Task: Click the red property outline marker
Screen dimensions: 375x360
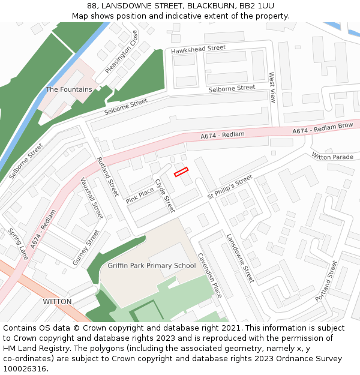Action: click(x=181, y=172)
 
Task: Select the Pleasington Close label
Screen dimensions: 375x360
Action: click(x=121, y=52)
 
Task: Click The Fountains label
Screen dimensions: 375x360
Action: click(x=69, y=89)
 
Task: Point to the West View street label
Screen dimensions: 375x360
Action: click(x=272, y=88)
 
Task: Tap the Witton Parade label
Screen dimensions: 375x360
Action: click(x=332, y=157)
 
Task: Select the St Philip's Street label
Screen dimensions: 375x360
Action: click(x=230, y=188)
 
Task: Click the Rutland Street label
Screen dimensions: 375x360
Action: click(x=108, y=177)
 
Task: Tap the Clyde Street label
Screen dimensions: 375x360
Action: click(x=164, y=196)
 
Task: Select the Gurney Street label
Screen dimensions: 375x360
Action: click(x=86, y=247)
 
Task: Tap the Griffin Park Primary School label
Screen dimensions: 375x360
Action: click(x=152, y=266)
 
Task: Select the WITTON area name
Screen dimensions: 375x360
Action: click(x=57, y=301)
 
